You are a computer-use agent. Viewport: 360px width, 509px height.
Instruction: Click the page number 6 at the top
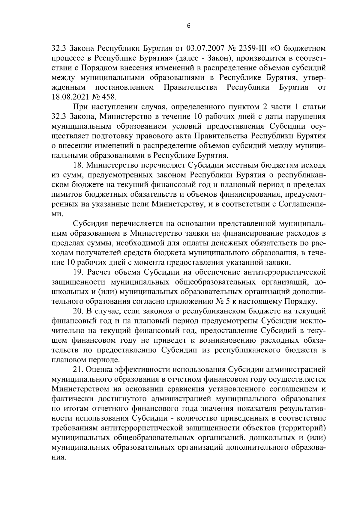188,26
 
